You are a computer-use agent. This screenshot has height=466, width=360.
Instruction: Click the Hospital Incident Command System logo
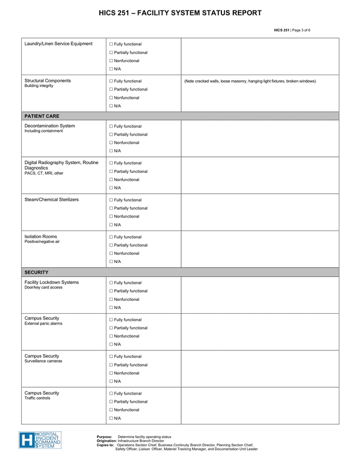(x=40, y=440)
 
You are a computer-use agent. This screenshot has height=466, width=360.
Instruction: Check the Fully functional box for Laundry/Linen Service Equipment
(x=111, y=45)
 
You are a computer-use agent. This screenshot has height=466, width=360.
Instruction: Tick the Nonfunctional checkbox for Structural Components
(x=111, y=98)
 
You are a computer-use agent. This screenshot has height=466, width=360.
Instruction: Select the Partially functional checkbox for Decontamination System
(x=111, y=135)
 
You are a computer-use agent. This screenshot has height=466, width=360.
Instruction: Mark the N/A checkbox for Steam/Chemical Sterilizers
(x=111, y=225)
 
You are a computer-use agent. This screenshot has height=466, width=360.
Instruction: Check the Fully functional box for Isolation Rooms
(x=111, y=237)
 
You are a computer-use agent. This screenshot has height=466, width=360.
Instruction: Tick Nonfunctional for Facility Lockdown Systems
(x=111, y=299)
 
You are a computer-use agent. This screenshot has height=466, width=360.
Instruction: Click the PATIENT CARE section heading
(x=42, y=116)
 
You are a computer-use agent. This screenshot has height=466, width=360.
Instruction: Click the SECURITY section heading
(x=37, y=272)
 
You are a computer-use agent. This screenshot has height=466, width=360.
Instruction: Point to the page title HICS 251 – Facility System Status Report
(x=180, y=13)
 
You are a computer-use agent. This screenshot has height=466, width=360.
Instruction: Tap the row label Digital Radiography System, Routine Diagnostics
(x=61, y=165)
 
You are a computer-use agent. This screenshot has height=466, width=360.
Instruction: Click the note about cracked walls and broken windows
(x=250, y=81)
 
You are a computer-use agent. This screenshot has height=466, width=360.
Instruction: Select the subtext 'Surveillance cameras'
(x=43, y=361)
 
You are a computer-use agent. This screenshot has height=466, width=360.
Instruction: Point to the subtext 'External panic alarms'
(x=43, y=324)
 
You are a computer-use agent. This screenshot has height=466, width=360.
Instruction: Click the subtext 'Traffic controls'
(x=38, y=398)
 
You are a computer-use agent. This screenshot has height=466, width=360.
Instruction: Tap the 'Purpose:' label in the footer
(x=104, y=437)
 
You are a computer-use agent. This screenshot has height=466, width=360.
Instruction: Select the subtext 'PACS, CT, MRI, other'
(x=44, y=173)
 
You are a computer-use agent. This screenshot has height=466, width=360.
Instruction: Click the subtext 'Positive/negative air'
(x=42, y=242)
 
